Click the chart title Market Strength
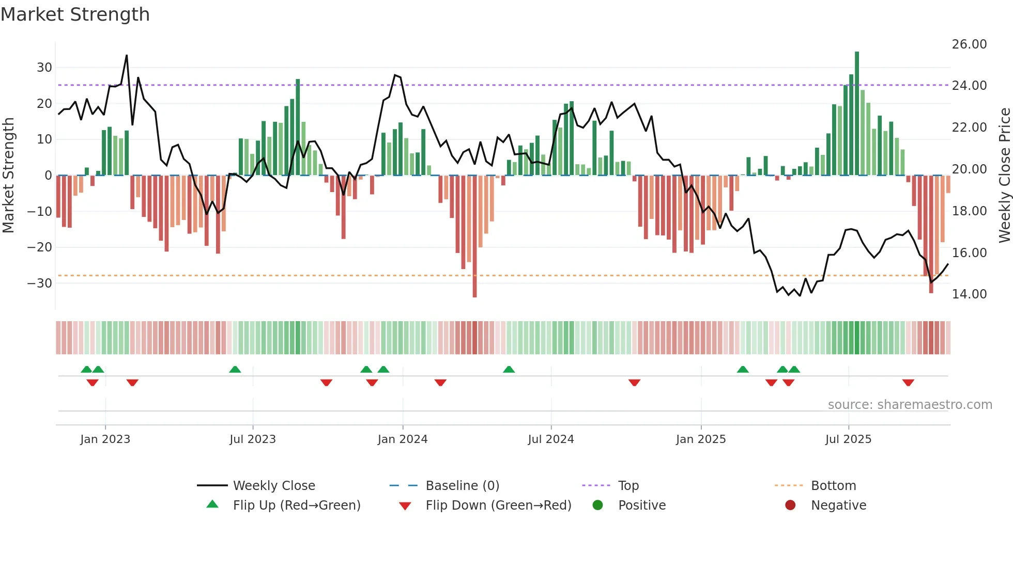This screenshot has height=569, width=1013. (x=75, y=14)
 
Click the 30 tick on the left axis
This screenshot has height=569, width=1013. (x=44, y=68)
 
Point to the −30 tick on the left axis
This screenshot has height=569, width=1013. (x=40, y=283)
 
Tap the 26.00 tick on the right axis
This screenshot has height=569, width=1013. (x=969, y=44)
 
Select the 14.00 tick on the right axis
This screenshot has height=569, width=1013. (x=969, y=294)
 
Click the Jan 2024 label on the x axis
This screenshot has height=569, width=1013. (x=403, y=439)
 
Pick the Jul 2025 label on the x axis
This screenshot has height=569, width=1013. (x=848, y=439)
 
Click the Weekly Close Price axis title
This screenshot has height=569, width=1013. (x=1004, y=176)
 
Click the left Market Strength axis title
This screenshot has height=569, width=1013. (x=9, y=176)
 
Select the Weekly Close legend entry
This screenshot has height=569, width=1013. (x=274, y=486)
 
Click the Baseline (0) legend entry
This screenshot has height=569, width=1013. (x=462, y=486)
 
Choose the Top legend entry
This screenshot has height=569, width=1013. (x=628, y=486)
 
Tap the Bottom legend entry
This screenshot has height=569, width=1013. (x=833, y=486)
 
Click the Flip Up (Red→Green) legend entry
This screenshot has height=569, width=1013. (x=296, y=505)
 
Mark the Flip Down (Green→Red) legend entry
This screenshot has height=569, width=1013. (x=498, y=505)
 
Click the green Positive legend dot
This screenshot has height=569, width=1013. (x=598, y=505)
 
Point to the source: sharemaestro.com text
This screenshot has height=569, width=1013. (x=910, y=405)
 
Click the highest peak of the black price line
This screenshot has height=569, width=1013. (x=127, y=56)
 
